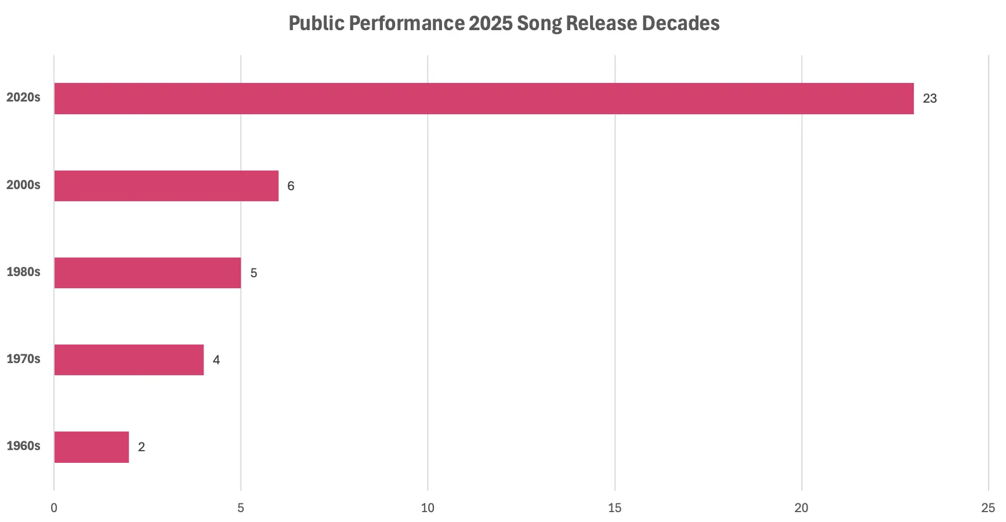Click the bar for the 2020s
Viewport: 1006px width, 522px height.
point(484,99)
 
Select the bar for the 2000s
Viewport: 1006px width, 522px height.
point(167,186)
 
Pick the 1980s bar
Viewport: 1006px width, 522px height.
point(147,273)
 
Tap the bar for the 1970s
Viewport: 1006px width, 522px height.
point(129,360)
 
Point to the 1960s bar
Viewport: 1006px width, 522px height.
point(92,447)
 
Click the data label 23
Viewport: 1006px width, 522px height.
point(929,99)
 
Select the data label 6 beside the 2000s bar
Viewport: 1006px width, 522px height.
point(291,186)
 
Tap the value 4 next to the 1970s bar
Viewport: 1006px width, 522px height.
point(216,360)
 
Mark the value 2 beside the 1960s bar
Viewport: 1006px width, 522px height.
point(141,447)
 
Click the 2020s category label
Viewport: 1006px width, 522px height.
point(23,97)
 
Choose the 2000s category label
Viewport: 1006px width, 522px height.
point(23,185)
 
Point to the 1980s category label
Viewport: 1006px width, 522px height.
point(23,271)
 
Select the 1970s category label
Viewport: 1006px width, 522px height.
point(23,359)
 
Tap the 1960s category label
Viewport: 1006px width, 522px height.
point(23,446)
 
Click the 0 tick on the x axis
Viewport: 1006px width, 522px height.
point(54,508)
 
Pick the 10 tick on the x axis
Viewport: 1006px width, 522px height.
point(428,508)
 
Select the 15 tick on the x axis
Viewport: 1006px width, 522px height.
point(614,508)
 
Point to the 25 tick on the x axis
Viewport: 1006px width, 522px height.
point(987,508)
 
